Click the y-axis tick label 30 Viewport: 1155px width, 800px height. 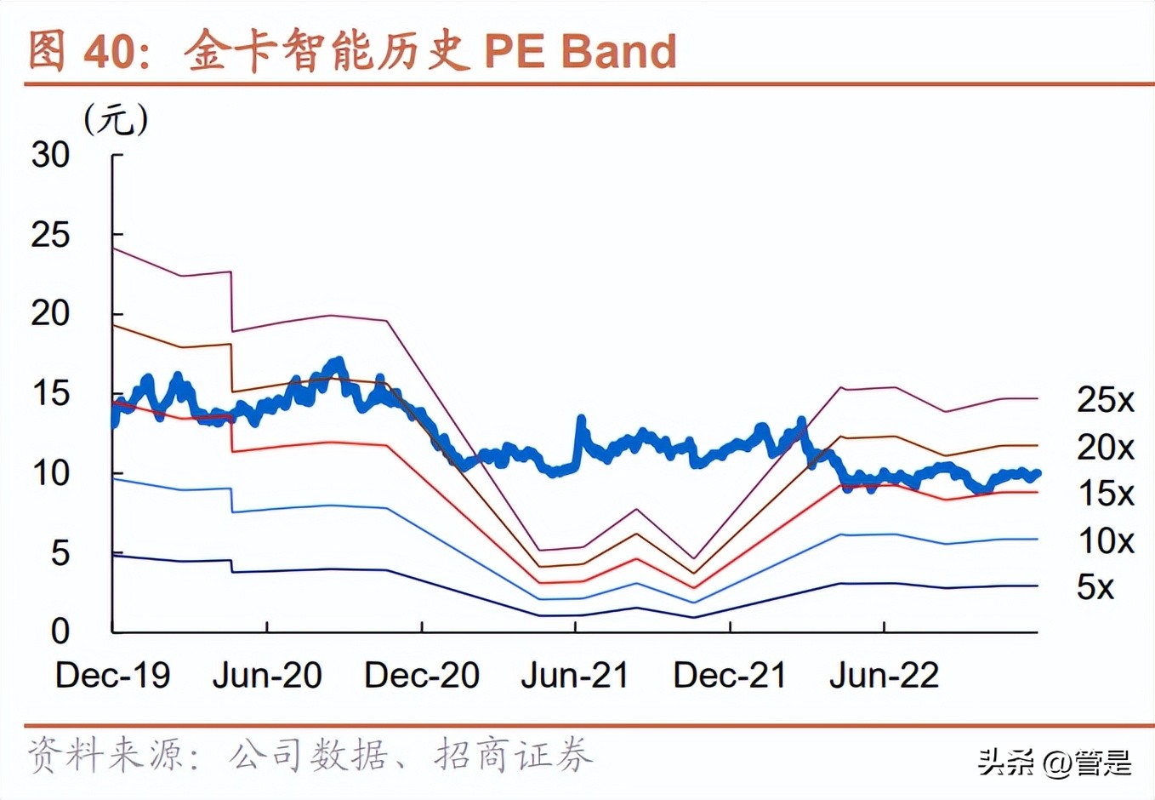pos(50,155)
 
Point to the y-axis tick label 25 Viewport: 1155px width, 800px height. pos(50,235)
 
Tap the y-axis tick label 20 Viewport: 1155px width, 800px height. pos(50,314)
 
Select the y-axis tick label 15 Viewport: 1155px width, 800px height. pos(50,394)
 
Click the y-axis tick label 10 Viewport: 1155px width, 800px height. pos(50,473)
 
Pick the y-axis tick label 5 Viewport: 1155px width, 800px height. pos(60,553)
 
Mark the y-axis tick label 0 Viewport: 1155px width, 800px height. pos(60,631)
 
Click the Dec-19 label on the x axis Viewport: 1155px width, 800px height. pos(112,676)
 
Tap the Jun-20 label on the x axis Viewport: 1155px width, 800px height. pos(267,676)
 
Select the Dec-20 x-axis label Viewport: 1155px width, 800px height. pos(422,676)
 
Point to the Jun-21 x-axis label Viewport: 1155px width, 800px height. pos(575,676)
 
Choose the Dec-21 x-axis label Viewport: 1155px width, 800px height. pos(730,676)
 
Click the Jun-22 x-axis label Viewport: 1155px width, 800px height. pos(884,676)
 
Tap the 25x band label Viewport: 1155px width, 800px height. pos(1105,400)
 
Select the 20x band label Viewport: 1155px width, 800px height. pos(1105,447)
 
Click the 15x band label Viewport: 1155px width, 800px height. pos(1105,494)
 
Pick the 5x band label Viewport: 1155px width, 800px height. pos(1095,587)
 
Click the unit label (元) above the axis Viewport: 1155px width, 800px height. pos(116,119)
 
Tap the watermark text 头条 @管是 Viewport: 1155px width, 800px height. pos(1055,762)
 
